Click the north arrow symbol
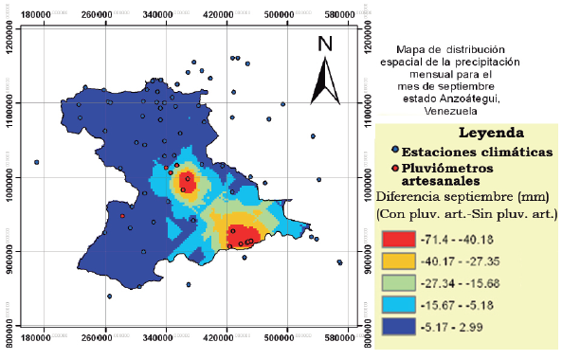coord(325,80)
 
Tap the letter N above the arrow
coord(325,44)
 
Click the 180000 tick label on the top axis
coord(36,16)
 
